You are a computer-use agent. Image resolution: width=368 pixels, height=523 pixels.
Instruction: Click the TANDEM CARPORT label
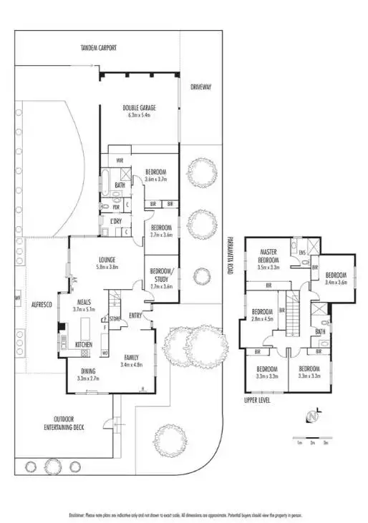(98, 48)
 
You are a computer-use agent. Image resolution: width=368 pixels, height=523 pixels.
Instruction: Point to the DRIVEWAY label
(200, 87)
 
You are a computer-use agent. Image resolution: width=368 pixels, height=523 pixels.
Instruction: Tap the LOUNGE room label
(107, 260)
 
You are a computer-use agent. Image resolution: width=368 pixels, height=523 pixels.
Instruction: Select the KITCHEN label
(84, 345)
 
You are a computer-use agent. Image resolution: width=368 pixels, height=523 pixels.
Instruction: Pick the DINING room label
(87, 371)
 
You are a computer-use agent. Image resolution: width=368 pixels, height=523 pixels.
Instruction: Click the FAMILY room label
(132, 357)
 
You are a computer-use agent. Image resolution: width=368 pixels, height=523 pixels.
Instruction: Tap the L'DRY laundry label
(116, 222)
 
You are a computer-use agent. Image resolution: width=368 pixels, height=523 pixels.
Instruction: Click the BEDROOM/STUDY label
(161, 274)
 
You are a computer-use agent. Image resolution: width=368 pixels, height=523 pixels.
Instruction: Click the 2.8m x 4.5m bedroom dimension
(263, 319)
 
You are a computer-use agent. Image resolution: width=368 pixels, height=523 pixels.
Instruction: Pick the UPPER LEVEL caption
(258, 401)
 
